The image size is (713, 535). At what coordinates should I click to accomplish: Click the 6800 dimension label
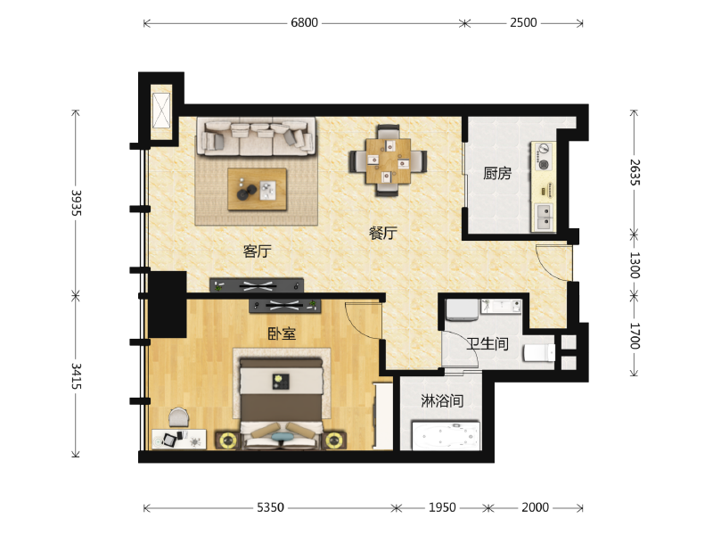point(304,23)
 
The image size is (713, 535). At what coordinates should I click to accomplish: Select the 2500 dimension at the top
point(523,23)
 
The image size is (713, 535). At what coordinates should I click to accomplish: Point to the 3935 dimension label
point(77,203)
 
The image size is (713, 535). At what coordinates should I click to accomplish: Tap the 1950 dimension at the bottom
point(442,507)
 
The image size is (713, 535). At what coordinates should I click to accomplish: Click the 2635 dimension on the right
point(635,172)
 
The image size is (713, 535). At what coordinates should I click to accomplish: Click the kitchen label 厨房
point(497,173)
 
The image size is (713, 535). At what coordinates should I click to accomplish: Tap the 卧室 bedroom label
point(282,333)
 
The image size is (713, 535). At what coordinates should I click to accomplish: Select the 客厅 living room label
point(257,251)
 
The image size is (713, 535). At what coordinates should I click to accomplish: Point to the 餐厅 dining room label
point(382,234)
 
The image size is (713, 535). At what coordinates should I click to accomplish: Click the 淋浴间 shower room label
point(442,400)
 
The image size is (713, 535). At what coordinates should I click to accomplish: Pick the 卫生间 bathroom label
point(488,344)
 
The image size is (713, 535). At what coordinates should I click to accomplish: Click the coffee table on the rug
point(258,189)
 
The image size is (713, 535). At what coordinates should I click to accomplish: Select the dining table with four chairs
point(388,160)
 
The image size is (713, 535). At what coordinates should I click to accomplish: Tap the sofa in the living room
point(257,137)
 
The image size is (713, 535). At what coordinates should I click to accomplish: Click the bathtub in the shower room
point(446,435)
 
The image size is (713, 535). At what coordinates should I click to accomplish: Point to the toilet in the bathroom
point(539,352)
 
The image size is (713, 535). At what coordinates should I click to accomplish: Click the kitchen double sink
point(544,217)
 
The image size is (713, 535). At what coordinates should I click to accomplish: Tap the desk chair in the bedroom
point(179,417)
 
